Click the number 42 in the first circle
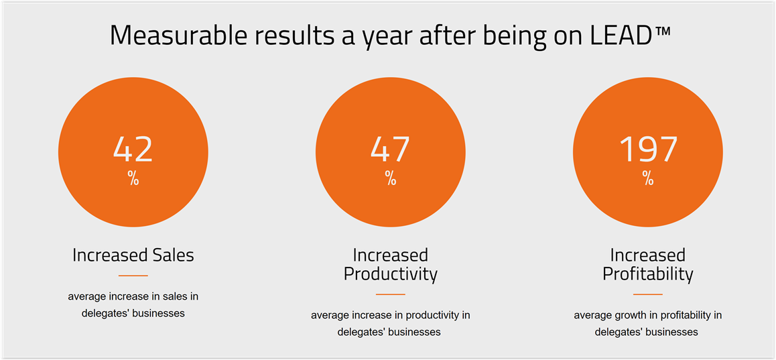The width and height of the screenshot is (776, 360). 133,149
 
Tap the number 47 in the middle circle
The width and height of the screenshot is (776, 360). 390,149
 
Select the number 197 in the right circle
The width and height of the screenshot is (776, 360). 648,149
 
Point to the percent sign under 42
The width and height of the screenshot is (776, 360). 133,178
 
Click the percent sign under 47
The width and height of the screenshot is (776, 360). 391,178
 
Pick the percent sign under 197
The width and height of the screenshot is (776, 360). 648,178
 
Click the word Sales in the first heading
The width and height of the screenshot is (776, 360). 172,255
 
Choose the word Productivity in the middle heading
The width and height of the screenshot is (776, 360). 391,274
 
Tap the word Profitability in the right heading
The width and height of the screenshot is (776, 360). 648,274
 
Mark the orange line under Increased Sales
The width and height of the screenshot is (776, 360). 133,276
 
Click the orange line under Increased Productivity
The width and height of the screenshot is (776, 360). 391,294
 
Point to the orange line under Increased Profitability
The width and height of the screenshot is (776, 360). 648,294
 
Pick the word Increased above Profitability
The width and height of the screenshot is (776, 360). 648,255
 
